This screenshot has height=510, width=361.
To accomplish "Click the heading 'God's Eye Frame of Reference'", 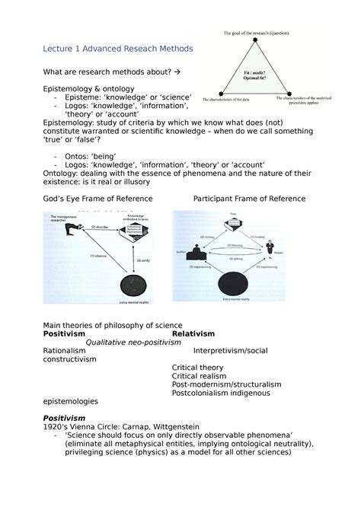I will tap(98, 199).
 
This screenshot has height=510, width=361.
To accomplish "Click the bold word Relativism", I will tap(193, 333).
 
